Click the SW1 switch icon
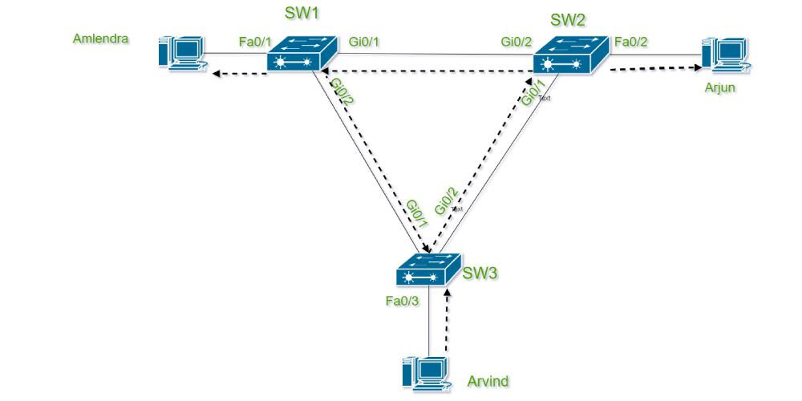click(x=302, y=53)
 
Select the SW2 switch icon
click(x=571, y=55)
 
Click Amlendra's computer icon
click(x=183, y=53)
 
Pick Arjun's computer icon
click(x=726, y=53)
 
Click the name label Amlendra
click(x=101, y=38)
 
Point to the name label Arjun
click(x=719, y=87)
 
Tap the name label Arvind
click(x=488, y=381)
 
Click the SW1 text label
click(x=302, y=14)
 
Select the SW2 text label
click(x=569, y=20)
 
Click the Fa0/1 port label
click(x=255, y=42)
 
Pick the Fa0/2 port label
click(x=631, y=42)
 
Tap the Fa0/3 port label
click(x=403, y=302)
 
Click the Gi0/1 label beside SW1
click(x=363, y=42)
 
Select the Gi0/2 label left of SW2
click(x=516, y=42)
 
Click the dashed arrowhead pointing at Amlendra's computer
click(x=216, y=74)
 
